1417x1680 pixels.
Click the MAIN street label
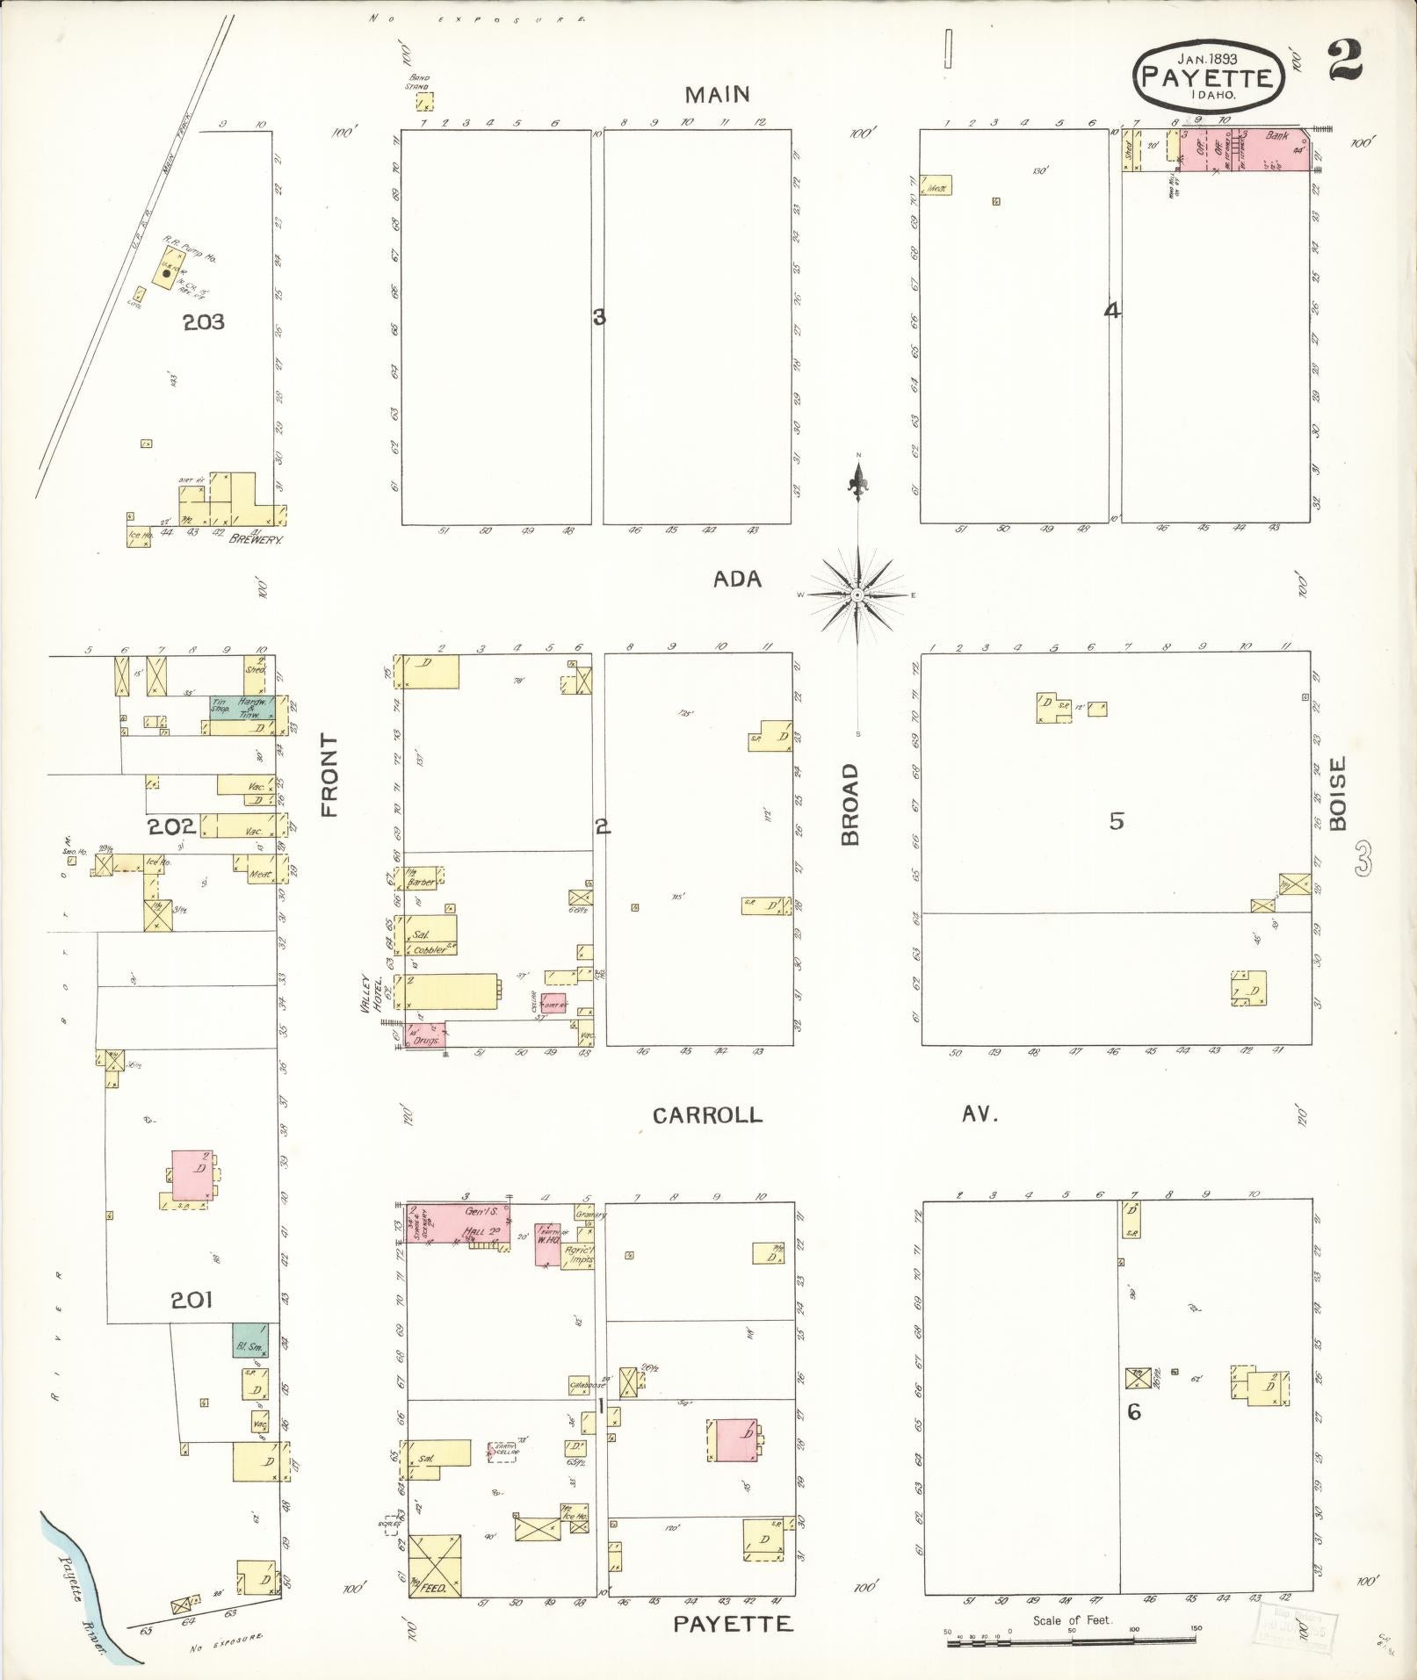[x=718, y=94]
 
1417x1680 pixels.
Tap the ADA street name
[x=737, y=579]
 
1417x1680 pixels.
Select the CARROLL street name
[x=707, y=1115]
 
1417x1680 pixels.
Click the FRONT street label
[x=329, y=775]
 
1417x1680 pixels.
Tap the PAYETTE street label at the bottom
[x=733, y=1624]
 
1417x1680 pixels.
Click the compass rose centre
[x=858, y=595]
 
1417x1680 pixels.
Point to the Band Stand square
[x=425, y=102]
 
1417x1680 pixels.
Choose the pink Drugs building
[x=426, y=1035]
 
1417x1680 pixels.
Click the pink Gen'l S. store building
[x=457, y=1222]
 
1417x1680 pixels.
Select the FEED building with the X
[x=435, y=1565]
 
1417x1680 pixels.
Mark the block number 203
[x=204, y=322]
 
